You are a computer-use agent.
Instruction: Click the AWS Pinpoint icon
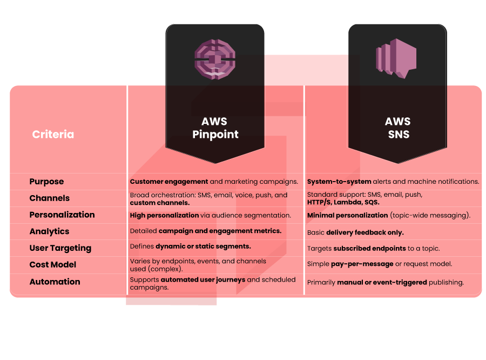click(x=215, y=59)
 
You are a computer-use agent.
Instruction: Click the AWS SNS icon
click(x=396, y=58)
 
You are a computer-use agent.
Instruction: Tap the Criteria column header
click(x=53, y=134)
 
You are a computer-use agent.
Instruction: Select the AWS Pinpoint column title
click(x=215, y=128)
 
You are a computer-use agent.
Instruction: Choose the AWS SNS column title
click(x=398, y=128)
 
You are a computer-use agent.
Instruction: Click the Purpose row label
click(x=46, y=182)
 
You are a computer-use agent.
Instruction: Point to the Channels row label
click(x=49, y=198)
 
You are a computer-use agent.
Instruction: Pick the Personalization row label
click(x=62, y=215)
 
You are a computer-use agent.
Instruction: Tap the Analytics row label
click(x=49, y=231)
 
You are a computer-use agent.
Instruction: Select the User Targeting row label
click(x=60, y=248)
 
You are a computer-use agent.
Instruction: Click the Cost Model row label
click(x=52, y=265)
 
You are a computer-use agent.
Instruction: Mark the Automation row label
click(x=55, y=282)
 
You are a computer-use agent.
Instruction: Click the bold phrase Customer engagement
click(x=169, y=182)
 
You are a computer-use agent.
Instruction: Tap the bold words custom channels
click(x=160, y=203)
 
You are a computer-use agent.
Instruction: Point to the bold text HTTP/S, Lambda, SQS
click(x=343, y=202)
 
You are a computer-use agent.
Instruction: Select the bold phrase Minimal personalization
click(x=347, y=215)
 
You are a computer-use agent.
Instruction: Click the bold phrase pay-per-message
click(x=364, y=264)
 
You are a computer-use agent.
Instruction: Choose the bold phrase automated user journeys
click(x=203, y=279)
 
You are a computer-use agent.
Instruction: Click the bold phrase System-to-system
click(x=339, y=182)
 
